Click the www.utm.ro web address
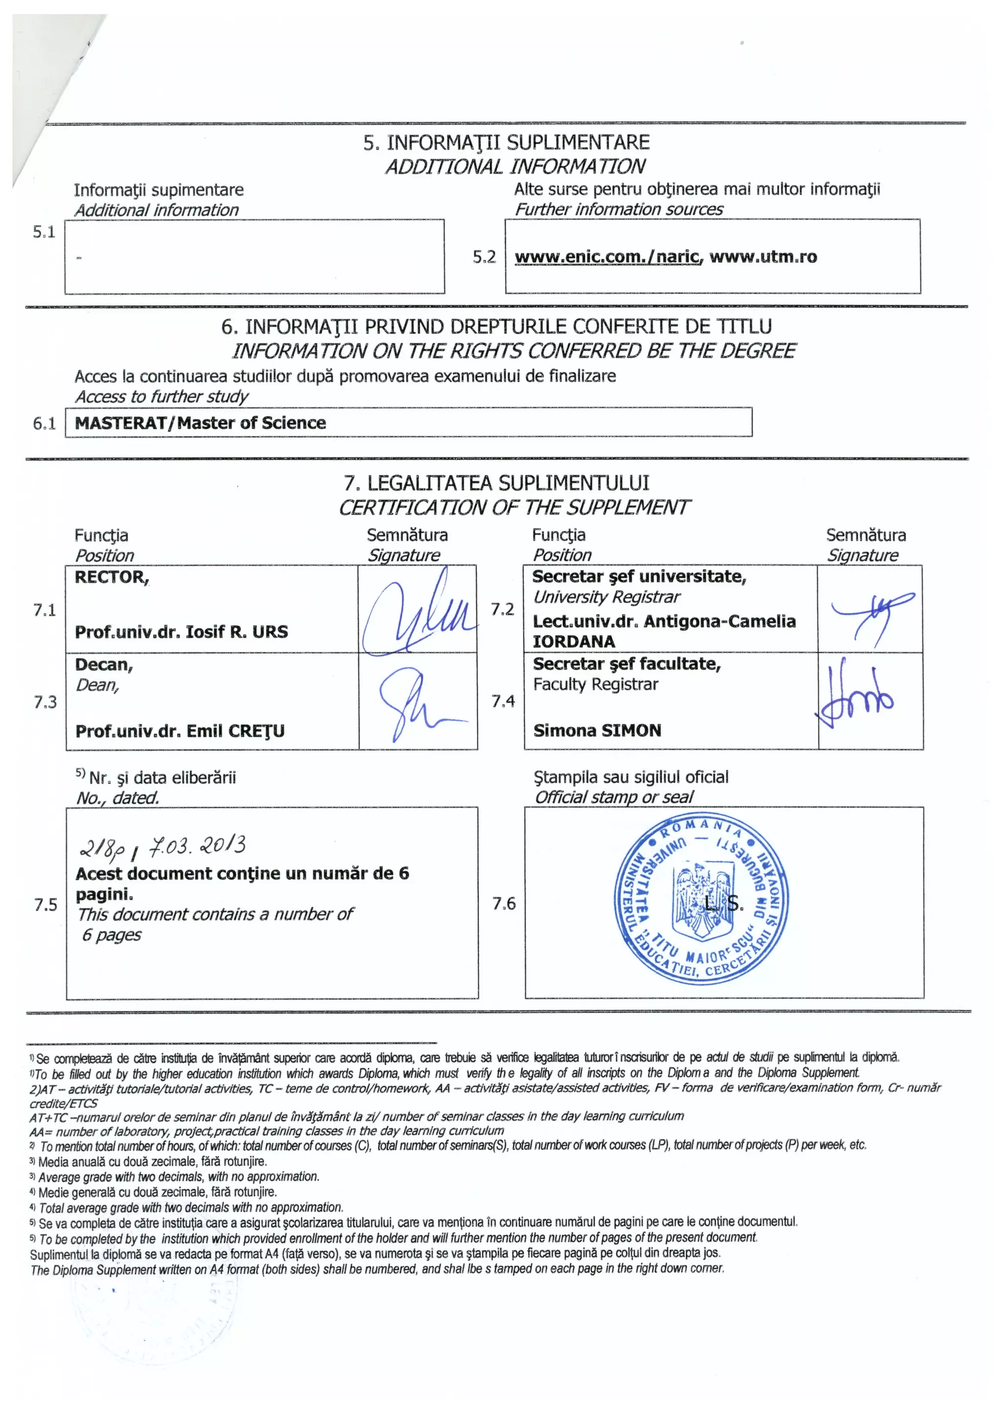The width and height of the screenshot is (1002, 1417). coord(763,257)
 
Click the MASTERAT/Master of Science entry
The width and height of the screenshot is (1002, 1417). coord(200,423)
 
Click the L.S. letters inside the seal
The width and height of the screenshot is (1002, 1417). coord(724,904)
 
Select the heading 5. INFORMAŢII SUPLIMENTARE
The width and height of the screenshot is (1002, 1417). coord(506,143)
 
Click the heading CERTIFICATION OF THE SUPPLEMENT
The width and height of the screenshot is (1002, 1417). coord(514,508)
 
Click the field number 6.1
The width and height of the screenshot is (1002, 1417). coord(45,423)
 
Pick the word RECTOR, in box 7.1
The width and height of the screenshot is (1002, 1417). coord(112,577)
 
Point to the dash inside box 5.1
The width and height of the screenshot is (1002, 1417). coord(79,258)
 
